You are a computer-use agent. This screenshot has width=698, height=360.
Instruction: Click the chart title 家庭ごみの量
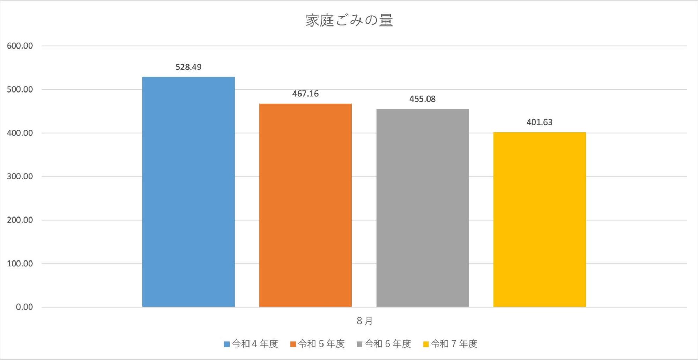[349, 21]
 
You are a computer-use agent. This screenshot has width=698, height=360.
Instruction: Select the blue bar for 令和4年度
[188, 192]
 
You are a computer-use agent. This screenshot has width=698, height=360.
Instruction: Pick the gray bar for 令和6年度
[422, 208]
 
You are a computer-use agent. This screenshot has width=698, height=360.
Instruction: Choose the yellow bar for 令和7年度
[540, 220]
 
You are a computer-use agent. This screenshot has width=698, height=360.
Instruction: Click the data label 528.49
[188, 67]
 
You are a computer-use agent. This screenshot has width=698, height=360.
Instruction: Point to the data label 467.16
[305, 94]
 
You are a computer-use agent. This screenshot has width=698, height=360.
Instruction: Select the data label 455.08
[422, 99]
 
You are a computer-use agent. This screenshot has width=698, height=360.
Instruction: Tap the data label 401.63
[540, 122]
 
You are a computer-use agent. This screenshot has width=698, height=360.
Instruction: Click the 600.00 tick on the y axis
[20, 46]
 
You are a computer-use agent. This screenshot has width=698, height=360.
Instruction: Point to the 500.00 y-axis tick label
[20, 89]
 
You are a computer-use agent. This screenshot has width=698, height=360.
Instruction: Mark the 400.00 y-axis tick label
[20, 133]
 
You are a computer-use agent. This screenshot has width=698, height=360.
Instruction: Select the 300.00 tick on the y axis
[20, 176]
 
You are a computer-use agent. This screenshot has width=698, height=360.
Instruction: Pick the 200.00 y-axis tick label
[20, 220]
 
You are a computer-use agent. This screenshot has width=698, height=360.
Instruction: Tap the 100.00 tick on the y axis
[20, 264]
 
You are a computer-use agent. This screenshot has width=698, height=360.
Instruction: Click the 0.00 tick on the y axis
[24, 307]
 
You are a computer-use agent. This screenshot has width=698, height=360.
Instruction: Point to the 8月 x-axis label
[365, 321]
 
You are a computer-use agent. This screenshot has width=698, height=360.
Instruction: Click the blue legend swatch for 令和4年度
[227, 344]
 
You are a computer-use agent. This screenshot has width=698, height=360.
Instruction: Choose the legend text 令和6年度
[388, 344]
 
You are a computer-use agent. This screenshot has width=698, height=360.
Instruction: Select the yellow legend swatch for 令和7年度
[426, 344]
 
